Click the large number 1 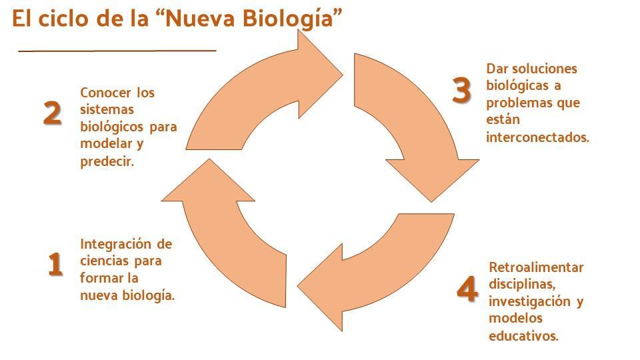[55, 264]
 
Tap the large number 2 [53, 113]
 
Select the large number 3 [461, 90]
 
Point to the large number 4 [467, 289]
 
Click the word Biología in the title [289, 19]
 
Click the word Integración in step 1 [115, 245]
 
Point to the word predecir [107, 161]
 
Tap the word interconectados [537, 137]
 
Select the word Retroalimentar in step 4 [536, 267]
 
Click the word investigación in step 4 [530, 301]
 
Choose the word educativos [524, 336]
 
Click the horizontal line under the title [117, 51]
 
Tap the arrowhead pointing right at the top [320, 74]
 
